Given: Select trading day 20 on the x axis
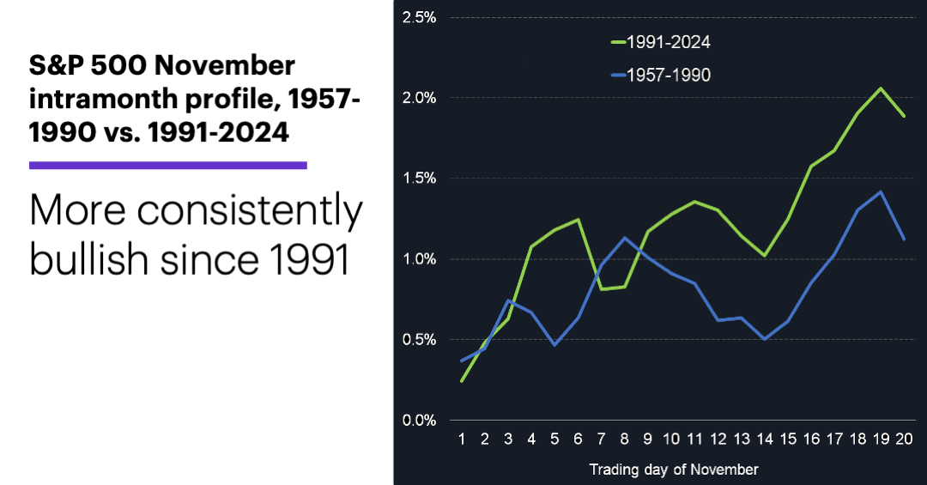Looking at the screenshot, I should pyautogui.click(x=904, y=440).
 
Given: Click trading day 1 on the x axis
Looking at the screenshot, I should pyautogui.click(x=462, y=440).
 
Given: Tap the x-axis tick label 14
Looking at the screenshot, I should pyautogui.click(x=765, y=440).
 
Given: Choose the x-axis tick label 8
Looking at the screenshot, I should pyautogui.click(x=625, y=440).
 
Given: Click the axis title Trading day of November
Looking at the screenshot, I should pyautogui.click(x=674, y=470).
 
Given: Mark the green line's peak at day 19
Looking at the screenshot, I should pyautogui.click(x=881, y=88).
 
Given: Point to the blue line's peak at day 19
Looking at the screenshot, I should pyautogui.click(x=881, y=191).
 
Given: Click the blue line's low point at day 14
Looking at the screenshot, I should pyautogui.click(x=765, y=339).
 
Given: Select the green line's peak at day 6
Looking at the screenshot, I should pyautogui.click(x=579, y=219).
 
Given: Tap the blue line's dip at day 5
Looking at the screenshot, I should pyautogui.click(x=555, y=345).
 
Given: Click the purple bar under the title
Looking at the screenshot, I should pyautogui.click(x=168, y=165).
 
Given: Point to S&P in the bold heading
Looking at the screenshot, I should pyautogui.click(x=58, y=65).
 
